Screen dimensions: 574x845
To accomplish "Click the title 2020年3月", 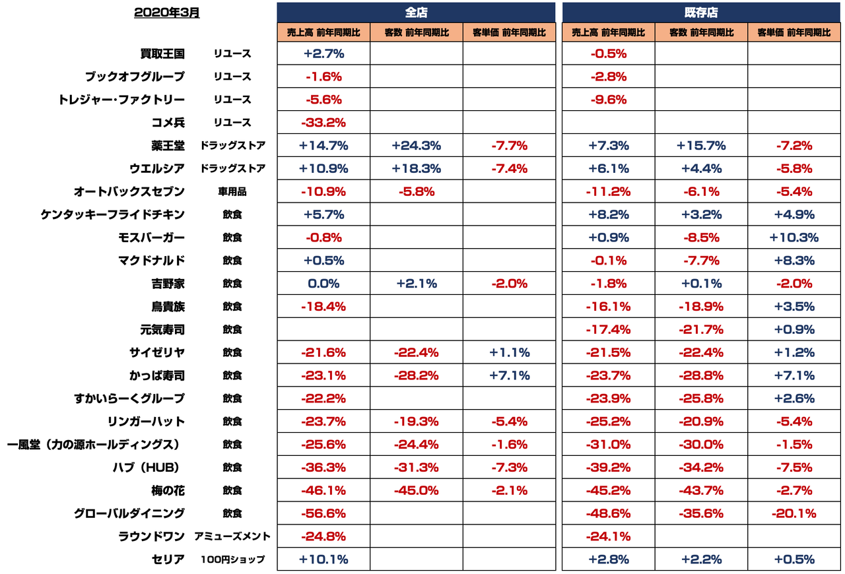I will coord(166,13).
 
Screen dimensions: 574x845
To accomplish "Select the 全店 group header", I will coord(416,13).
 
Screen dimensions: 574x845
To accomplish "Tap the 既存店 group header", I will coord(701,13).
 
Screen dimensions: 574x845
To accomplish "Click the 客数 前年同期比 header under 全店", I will coord(416,32).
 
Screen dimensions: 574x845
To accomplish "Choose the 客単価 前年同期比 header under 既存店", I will coord(794,32).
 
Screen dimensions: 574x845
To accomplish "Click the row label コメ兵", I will coord(168,122).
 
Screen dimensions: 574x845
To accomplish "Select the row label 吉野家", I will coord(168,284).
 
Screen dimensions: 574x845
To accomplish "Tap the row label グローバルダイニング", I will coord(129,513).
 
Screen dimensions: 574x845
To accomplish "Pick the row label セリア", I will coord(168,559).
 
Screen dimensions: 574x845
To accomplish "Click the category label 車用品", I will coord(232,192).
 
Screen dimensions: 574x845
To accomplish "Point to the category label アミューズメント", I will coord(232,536).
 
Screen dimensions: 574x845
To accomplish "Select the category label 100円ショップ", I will coord(232,559).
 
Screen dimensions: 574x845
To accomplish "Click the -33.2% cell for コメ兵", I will coord(323,123).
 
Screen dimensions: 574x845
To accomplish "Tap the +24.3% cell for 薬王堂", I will coord(416,146).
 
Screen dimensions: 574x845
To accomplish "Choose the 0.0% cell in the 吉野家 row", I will coord(323,284).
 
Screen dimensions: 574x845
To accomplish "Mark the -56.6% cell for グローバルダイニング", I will coord(323,513).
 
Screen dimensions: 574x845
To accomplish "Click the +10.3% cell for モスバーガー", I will coord(794,238).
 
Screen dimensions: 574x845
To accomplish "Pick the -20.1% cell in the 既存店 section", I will coord(794,513).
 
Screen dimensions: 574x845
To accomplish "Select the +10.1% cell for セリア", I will coord(323,559).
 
